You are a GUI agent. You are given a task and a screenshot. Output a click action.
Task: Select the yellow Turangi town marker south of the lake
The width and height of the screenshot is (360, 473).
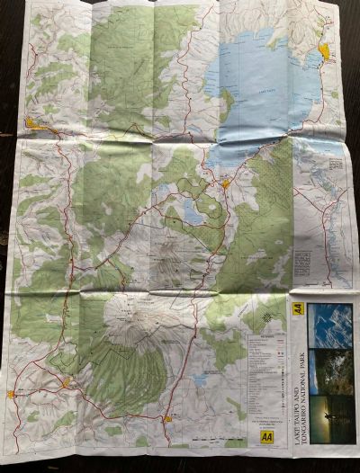pos(225,184)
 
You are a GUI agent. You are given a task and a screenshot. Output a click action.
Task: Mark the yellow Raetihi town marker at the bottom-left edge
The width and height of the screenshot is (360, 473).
pos(12,393)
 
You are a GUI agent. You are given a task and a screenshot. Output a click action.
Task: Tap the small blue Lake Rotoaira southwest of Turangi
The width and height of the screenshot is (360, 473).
pos(193,212)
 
